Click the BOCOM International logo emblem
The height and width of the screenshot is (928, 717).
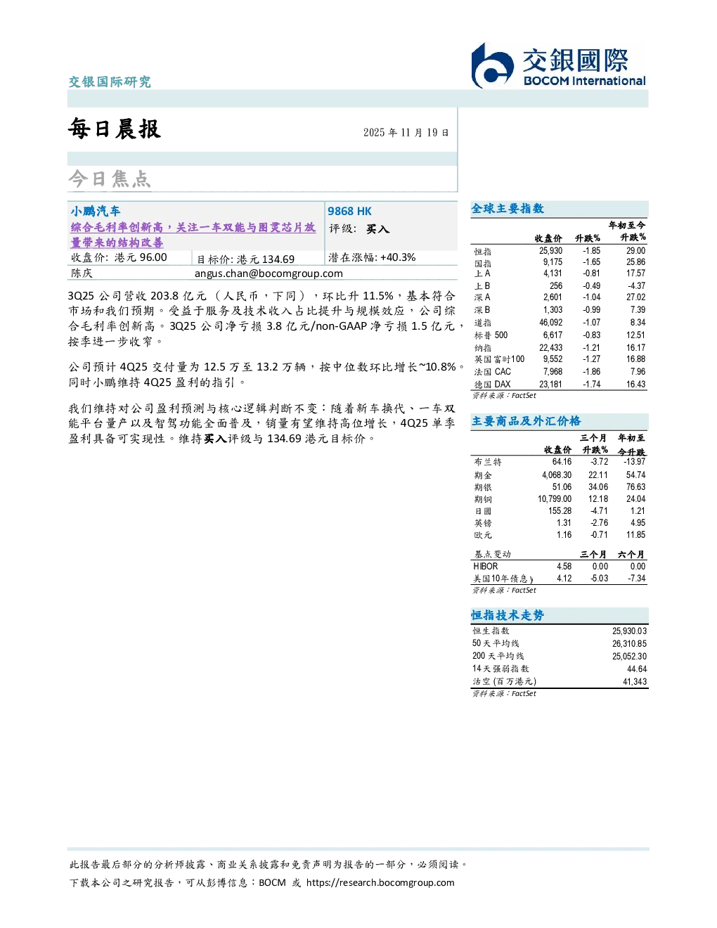coord(492,65)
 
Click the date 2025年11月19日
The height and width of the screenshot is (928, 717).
coord(406,132)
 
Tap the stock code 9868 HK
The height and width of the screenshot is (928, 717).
coord(349,211)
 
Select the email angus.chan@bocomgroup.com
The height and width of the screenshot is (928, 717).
coord(269,273)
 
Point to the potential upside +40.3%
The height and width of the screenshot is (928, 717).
coord(398,257)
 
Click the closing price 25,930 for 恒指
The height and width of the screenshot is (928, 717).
coord(550,251)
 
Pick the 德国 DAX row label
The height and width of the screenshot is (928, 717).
coord(492,385)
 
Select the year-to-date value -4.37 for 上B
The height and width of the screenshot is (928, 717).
coord(636,285)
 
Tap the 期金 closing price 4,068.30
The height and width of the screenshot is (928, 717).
coord(557,475)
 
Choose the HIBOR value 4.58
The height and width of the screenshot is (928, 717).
coord(564,566)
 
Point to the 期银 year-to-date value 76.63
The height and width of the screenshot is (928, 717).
coord(636,486)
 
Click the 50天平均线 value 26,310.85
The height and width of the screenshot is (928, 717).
coord(629,643)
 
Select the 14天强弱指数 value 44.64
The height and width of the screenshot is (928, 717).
coord(637,669)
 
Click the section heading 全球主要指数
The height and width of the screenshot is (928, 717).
coord(508,208)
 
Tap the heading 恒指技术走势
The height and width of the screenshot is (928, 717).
coord(508,615)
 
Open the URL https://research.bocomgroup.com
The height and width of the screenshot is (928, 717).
coord(380,882)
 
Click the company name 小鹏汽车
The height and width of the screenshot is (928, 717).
coord(96,211)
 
